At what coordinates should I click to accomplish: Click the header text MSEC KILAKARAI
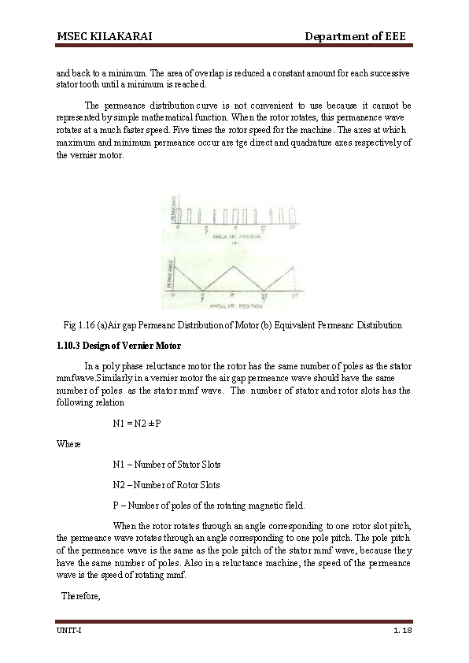click(x=104, y=37)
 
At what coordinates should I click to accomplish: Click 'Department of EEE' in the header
click(x=355, y=37)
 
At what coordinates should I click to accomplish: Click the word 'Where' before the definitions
click(x=68, y=444)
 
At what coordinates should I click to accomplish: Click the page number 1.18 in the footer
click(x=403, y=632)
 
